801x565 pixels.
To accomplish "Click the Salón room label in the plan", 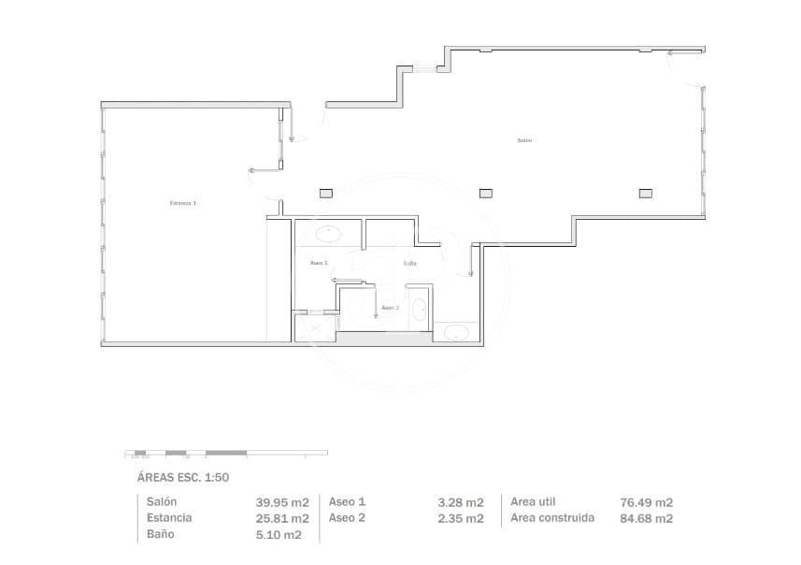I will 524,140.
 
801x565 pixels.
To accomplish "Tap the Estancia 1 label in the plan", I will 183,203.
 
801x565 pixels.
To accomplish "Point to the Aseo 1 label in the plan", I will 319,263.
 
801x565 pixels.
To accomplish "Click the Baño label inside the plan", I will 409,264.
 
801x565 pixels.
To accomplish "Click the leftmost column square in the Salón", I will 325,193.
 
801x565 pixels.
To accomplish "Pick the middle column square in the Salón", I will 485,193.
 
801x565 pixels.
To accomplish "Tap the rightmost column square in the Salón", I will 645,193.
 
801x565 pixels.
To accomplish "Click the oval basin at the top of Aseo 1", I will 328,233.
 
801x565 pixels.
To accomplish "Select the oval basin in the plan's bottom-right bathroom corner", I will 457,332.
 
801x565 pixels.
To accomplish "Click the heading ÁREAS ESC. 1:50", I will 183,477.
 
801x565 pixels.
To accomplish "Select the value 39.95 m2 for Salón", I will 282,502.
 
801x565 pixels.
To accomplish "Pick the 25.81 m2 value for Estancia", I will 282,518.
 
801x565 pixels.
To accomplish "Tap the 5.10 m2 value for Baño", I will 279,535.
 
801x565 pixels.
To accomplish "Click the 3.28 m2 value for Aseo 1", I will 461,502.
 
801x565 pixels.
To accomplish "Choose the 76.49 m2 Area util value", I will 647,502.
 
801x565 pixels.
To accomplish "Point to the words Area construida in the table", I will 552,518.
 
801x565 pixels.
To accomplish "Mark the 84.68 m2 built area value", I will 647,518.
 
